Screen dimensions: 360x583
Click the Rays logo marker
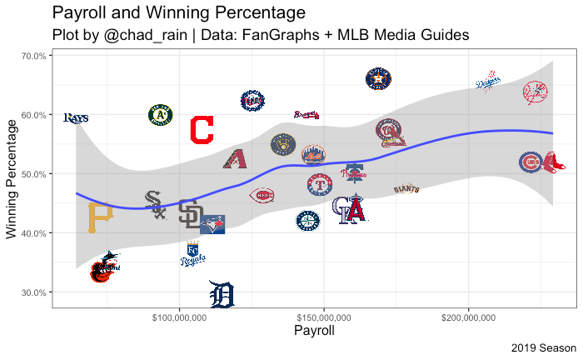tap(76, 117)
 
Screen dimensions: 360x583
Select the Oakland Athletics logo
tap(160, 115)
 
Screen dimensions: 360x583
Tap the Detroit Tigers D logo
tap(222, 294)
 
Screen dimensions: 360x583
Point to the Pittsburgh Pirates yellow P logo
tap(100, 218)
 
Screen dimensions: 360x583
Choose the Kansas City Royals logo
tap(193, 255)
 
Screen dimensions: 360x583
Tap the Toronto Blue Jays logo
tap(213, 223)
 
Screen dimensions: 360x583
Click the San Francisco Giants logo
tap(406, 189)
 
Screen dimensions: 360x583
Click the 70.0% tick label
tap(32, 56)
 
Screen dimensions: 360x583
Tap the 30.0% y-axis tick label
tap(32, 292)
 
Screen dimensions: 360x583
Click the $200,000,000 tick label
tap(469, 318)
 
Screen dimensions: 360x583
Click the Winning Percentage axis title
tap(12, 180)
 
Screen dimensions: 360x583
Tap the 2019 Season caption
tap(544, 347)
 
